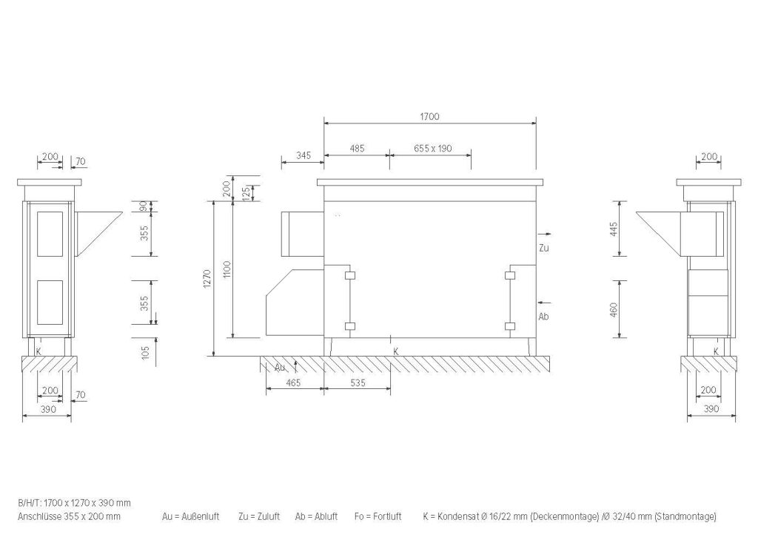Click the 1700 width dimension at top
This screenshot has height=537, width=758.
pyautogui.click(x=429, y=116)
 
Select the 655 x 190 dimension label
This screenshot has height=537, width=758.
pyautogui.click(x=432, y=148)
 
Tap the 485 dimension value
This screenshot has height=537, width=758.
pyautogui.click(x=357, y=148)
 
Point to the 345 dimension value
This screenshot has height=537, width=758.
pyautogui.click(x=303, y=155)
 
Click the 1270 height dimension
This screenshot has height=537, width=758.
pyautogui.click(x=208, y=280)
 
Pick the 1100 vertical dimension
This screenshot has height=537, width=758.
pyautogui.click(x=227, y=270)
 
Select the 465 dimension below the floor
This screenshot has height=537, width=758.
pyautogui.click(x=293, y=383)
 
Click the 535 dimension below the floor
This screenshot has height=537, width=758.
pyautogui.click(x=358, y=383)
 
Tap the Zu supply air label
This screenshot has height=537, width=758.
pyautogui.click(x=544, y=249)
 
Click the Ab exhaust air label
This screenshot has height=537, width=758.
pyautogui.click(x=543, y=317)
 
